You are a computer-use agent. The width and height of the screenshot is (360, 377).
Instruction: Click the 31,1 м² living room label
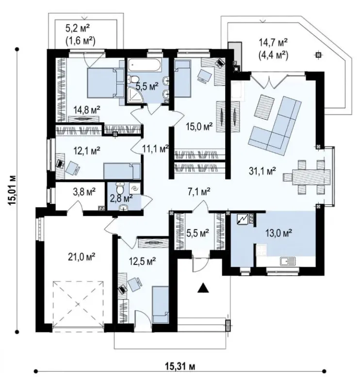[262, 171]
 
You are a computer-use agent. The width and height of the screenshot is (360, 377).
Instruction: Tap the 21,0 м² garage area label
[82, 257]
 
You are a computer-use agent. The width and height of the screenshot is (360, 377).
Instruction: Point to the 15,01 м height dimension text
[12, 190]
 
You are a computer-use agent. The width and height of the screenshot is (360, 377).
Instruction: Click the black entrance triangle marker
[203, 288]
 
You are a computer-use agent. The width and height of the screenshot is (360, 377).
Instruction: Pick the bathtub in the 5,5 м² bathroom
[144, 65]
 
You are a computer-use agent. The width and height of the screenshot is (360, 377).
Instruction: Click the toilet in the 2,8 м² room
[120, 188]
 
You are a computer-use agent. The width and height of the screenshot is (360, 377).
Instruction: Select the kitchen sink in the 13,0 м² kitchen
[288, 261]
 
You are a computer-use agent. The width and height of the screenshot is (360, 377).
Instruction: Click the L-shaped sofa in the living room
[276, 125]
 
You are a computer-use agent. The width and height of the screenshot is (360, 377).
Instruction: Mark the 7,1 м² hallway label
[199, 192]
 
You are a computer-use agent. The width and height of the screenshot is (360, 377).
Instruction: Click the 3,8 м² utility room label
[84, 192]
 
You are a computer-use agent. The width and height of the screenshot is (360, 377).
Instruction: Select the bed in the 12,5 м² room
[161, 304]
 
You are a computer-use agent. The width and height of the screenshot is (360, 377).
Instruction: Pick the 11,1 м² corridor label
[155, 149]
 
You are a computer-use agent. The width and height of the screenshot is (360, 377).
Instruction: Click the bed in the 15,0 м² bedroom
[182, 79]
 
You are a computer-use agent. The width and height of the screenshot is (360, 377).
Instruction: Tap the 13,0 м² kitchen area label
[278, 233]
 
